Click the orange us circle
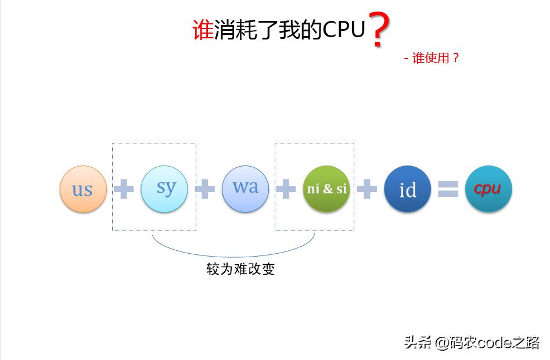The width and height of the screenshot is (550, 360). [x=83, y=189]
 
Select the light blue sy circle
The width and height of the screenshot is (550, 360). [x=164, y=188]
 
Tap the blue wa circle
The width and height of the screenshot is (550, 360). [x=245, y=188]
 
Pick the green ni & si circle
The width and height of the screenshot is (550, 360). [x=326, y=189]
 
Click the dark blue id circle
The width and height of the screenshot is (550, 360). [x=408, y=189]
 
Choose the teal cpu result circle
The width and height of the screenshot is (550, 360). [x=488, y=189]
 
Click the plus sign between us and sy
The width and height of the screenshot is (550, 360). [x=123, y=189]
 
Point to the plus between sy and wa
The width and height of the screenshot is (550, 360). [x=204, y=189]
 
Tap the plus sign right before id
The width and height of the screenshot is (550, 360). [x=366, y=189]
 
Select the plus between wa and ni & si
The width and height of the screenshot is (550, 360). [x=285, y=189]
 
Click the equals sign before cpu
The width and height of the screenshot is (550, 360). [x=448, y=189]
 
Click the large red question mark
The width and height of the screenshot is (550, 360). [x=379, y=30]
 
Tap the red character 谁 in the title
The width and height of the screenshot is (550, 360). [x=203, y=30]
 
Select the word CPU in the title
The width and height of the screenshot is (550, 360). [x=344, y=30]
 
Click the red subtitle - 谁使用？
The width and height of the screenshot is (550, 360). [x=432, y=58]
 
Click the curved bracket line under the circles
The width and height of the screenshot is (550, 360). [x=232, y=255]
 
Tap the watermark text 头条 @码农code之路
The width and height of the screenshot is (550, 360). [x=472, y=343]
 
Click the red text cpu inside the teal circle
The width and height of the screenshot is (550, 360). [x=487, y=189]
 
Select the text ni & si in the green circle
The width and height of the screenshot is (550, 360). [x=326, y=189]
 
